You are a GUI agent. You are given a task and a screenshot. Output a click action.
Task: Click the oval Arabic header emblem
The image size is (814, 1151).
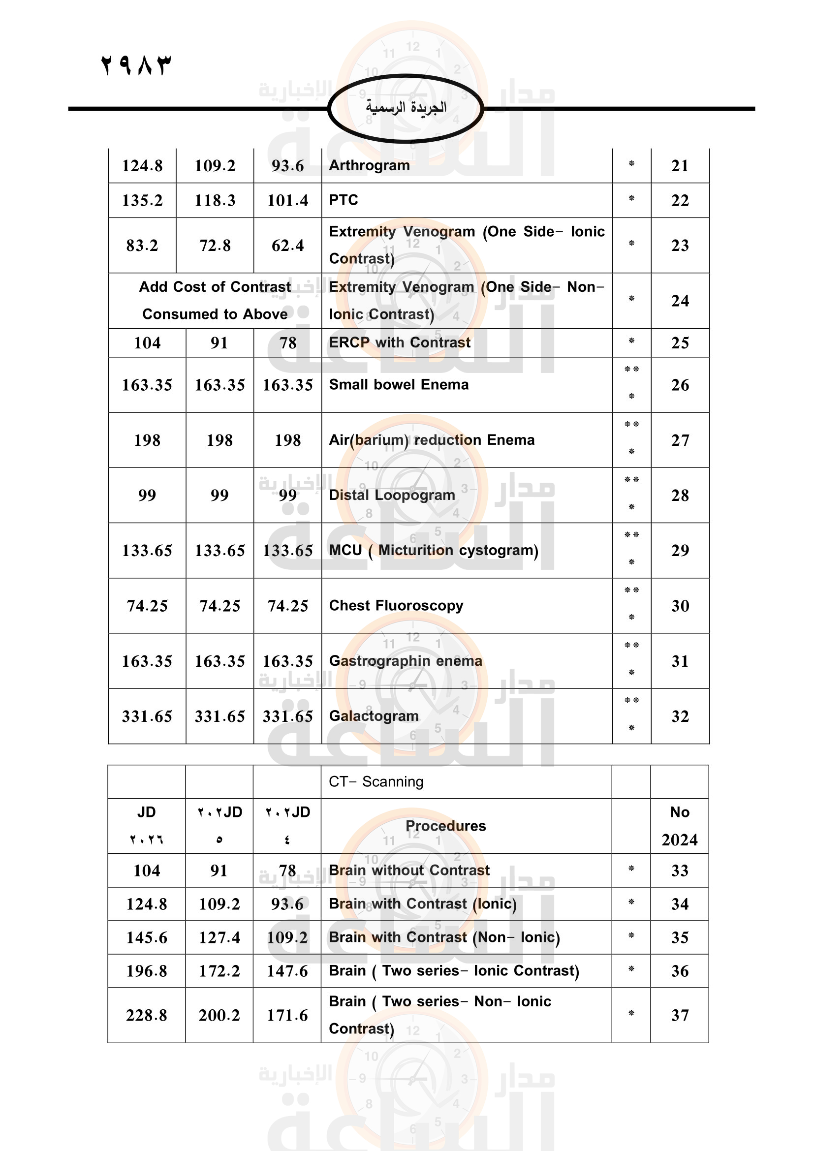point(406,108)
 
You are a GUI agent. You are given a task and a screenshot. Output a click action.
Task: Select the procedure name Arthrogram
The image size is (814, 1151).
point(370,165)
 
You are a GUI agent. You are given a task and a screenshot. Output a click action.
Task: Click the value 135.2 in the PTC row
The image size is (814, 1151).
point(142,200)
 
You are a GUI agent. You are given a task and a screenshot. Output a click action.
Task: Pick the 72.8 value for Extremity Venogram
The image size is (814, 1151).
point(215,246)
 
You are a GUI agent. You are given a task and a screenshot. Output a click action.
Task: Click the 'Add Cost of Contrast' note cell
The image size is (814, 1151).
point(215,300)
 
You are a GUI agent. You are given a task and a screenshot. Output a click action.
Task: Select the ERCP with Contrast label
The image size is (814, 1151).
point(400,342)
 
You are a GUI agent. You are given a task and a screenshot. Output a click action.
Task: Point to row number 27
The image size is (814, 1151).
point(680,440)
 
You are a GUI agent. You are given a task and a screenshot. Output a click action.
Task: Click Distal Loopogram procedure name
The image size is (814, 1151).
point(392,496)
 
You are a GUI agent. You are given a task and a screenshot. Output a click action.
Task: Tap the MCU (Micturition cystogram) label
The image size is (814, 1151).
point(434,551)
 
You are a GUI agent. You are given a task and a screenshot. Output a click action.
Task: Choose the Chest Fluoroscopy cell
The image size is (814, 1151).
point(396,606)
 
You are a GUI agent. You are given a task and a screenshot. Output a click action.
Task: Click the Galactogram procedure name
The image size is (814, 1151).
point(374,716)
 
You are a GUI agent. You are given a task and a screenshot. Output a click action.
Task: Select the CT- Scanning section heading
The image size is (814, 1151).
point(376,781)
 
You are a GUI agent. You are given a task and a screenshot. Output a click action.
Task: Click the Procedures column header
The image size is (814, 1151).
point(445,826)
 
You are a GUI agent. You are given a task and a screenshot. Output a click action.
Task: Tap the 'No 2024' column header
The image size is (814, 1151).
point(680,826)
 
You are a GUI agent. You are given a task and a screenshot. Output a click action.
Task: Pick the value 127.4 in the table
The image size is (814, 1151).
point(219,937)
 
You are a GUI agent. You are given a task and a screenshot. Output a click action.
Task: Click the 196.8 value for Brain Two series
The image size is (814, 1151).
point(146,971)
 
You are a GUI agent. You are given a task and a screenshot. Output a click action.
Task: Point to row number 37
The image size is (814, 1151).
point(680,1015)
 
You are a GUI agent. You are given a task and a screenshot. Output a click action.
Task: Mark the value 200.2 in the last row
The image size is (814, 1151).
point(219,1015)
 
